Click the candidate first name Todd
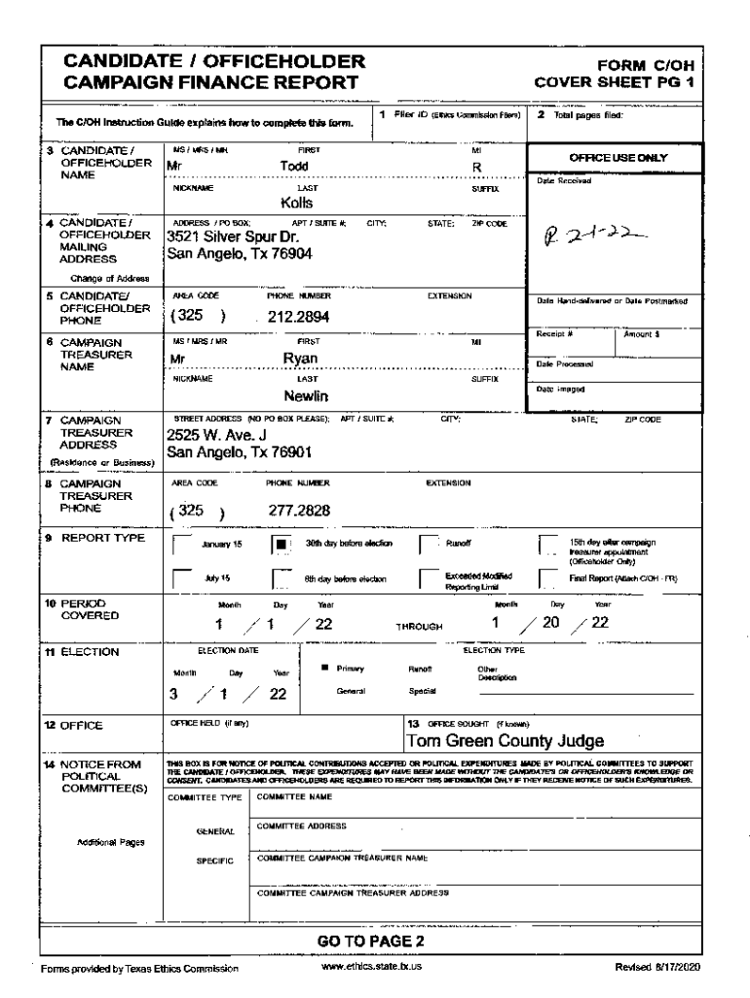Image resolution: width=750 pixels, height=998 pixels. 294,167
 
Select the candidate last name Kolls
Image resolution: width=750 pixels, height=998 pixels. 296,204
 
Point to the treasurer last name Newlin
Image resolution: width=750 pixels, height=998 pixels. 305,397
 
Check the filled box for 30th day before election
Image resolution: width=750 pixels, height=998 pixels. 281,544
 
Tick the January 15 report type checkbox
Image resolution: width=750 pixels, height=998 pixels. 179,544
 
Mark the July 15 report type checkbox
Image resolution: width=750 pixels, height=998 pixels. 179,577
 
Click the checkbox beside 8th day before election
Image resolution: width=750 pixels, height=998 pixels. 281,577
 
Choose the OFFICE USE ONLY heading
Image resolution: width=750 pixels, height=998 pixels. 612,157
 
